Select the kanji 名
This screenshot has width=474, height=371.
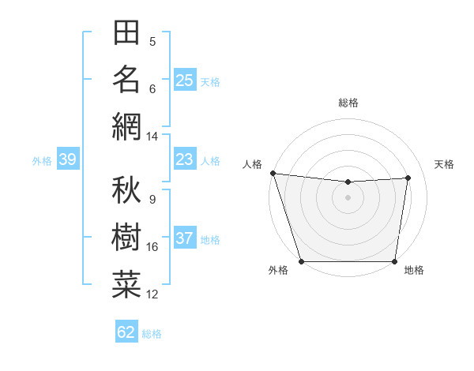pyautogui.click(x=126, y=79)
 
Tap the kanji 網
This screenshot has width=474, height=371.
pyautogui.click(x=126, y=126)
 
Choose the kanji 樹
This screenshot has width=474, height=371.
pyautogui.click(x=126, y=237)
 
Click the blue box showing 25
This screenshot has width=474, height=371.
pyautogui.click(x=184, y=81)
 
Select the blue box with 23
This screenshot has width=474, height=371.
pyautogui.click(x=184, y=160)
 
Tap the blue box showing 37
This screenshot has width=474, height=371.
pyautogui.click(x=184, y=239)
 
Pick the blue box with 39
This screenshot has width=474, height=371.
pyautogui.click(x=68, y=160)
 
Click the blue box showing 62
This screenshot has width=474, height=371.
pyautogui.click(x=126, y=332)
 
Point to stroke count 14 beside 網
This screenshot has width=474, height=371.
pyautogui.click(x=152, y=137)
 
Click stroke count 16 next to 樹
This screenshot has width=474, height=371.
pyautogui.click(x=152, y=247)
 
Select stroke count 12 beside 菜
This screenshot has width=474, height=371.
pyautogui.click(x=152, y=294)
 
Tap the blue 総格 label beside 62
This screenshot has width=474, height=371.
pyautogui.click(x=152, y=333)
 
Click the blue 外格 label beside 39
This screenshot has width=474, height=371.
pyautogui.click(x=42, y=161)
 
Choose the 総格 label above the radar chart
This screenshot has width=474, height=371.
pyautogui.click(x=348, y=103)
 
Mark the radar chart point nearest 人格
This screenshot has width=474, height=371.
pyautogui.click(x=273, y=173)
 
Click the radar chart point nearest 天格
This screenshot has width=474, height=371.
pyautogui.click(x=408, y=178)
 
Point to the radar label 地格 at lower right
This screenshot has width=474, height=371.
pyautogui.click(x=414, y=271)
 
